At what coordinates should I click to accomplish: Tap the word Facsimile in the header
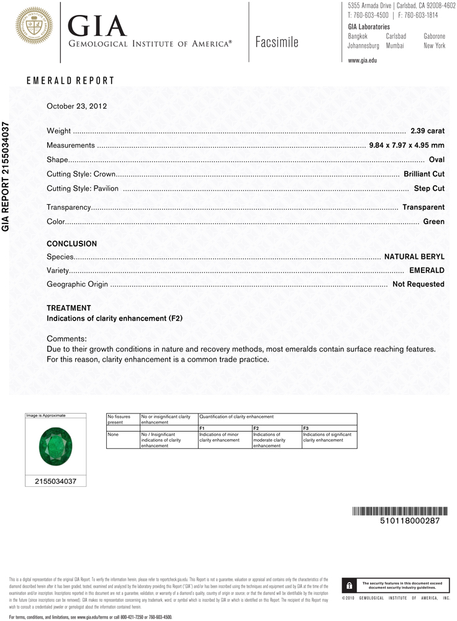pyautogui.click(x=276, y=42)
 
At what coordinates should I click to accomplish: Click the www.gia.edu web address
pyautogui.click(x=363, y=60)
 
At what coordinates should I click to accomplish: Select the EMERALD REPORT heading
pyautogui.click(x=70, y=81)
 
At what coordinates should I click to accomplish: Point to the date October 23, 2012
pyautogui.click(x=77, y=106)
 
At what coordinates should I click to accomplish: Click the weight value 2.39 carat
pyautogui.click(x=427, y=131)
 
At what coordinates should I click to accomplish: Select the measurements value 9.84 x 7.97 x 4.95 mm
pyautogui.click(x=407, y=145)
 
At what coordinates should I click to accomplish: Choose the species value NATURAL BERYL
pyautogui.click(x=414, y=256)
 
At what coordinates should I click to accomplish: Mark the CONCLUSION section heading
pyautogui.click(x=71, y=244)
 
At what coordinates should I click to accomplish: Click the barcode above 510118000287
pyautogui.click(x=400, y=511)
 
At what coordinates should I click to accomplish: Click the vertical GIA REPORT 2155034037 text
pyautogui.click(x=6, y=177)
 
